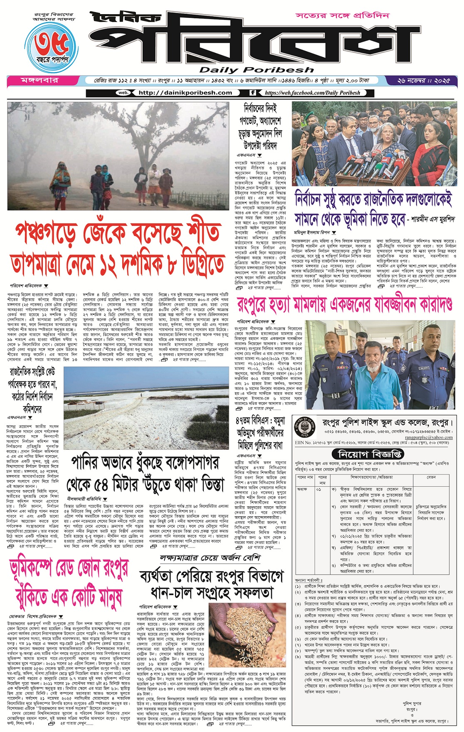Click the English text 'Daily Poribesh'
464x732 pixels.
[257, 70]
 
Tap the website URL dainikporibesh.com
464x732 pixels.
[185, 93]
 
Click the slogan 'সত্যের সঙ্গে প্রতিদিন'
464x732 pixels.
[343, 16]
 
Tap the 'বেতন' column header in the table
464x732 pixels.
[431, 477]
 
